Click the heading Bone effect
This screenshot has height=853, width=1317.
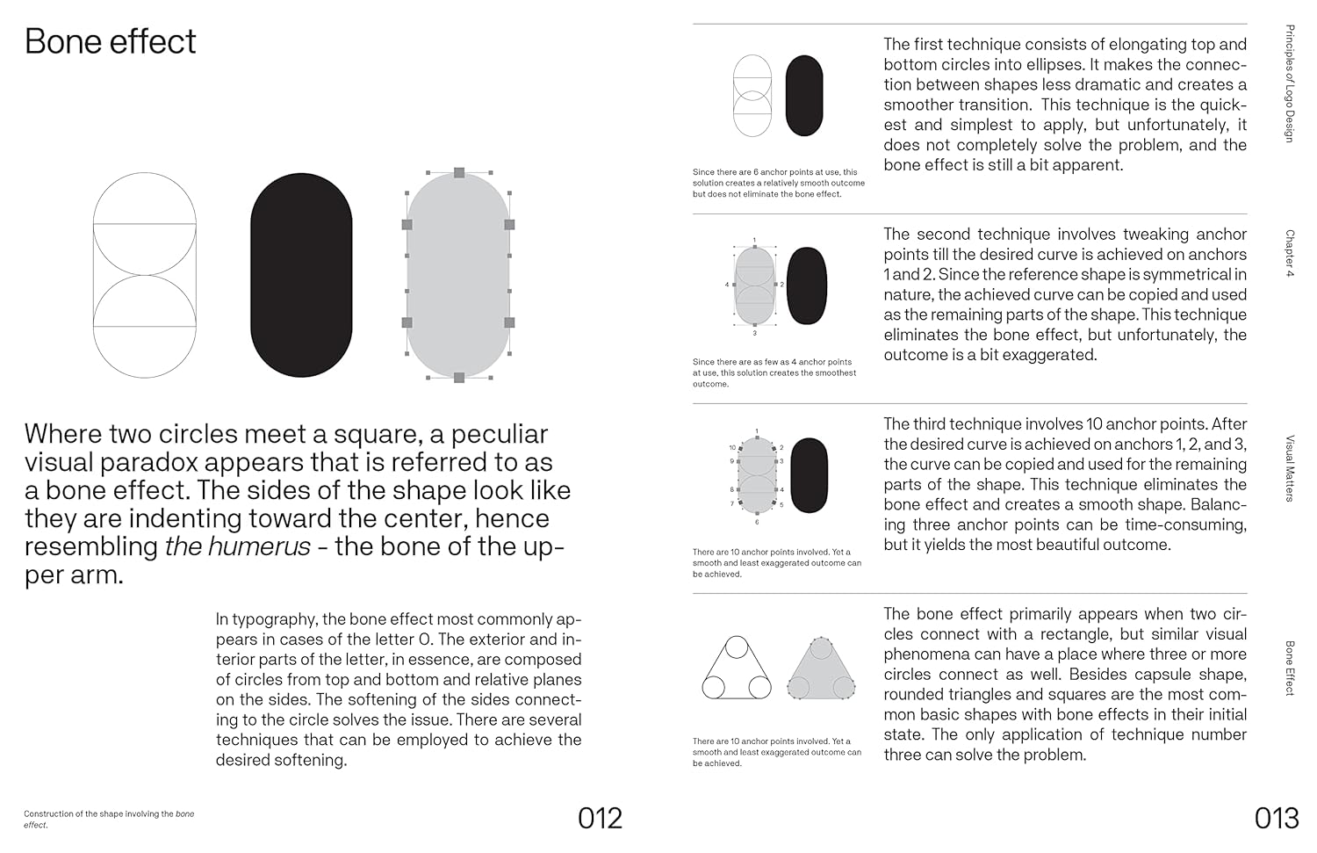coord(110,41)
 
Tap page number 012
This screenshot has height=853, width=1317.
coord(600,818)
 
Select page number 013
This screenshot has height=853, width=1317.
coord(1276,818)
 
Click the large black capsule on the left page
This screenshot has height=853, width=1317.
coord(301,275)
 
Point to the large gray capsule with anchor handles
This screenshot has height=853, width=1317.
coord(458,275)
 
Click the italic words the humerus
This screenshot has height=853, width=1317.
coord(237,546)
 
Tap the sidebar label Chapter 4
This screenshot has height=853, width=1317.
coord(1289,253)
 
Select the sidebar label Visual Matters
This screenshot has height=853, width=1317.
coord(1289,468)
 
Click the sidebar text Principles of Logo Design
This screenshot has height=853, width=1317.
coord(1289,83)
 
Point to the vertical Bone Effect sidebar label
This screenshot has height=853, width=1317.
coord(1289,668)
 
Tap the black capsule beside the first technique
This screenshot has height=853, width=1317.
coord(803,96)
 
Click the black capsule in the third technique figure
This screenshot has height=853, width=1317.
coord(809,474)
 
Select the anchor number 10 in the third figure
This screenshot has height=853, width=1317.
coord(732,448)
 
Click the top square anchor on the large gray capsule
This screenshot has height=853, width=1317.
coord(458,173)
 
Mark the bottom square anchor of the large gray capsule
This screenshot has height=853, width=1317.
coord(458,378)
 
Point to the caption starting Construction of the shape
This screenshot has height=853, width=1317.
coord(109,819)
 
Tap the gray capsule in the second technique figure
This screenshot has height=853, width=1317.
coord(754,286)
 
